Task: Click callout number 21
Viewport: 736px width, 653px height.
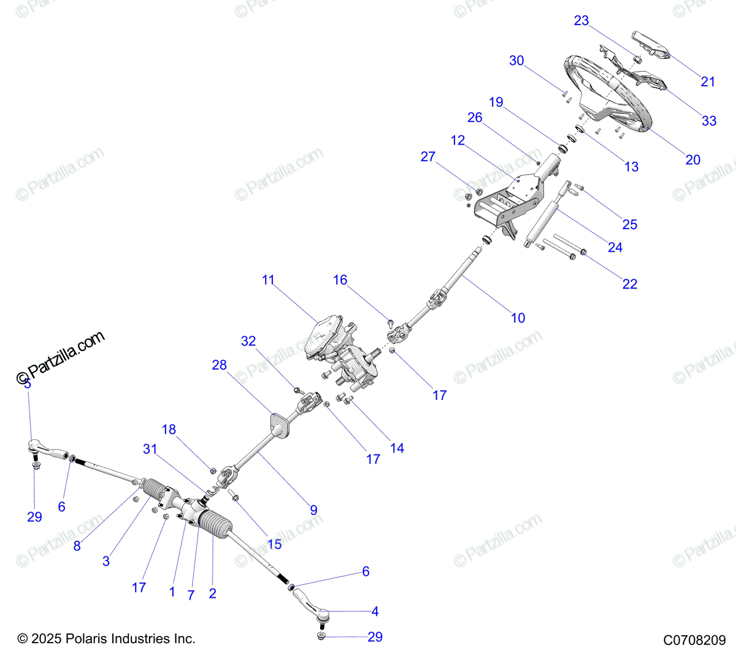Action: [708, 81]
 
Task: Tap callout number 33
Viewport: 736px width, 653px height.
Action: [709, 121]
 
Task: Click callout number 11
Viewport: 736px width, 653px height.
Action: [268, 280]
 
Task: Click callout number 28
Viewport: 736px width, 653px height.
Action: [219, 365]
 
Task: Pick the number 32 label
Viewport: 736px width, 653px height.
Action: [248, 341]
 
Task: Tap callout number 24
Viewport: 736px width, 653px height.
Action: [615, 247]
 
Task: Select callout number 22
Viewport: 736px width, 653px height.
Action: [630, 284]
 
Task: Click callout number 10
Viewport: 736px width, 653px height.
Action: [518, 317]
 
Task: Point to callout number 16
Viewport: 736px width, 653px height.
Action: [340, 280]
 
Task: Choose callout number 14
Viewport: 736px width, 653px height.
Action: [397, 448]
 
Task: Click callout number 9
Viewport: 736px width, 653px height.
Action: [313, 510]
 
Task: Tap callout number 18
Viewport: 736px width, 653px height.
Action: [169, 429]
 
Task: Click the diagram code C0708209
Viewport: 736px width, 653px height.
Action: [694, 640]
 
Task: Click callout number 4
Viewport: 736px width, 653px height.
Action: [375, 611]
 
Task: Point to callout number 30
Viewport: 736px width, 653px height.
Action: [516, 61]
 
